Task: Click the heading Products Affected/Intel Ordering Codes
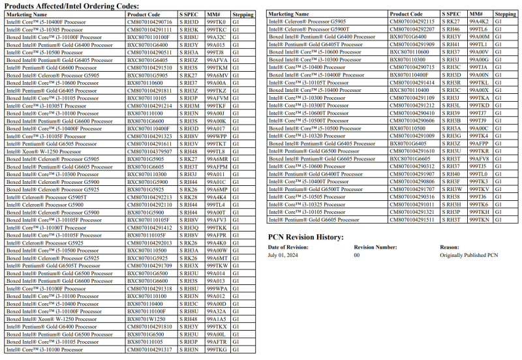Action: [72, 5]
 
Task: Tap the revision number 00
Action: [357, 256]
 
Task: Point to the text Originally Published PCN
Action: [468, 256]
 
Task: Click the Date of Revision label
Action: [288, 247]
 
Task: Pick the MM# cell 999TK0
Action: [216, 22]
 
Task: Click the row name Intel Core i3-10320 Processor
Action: [307, 136]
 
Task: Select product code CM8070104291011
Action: [412, 204]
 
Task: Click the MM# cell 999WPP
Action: [217, 136]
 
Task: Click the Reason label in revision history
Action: [450, 247]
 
